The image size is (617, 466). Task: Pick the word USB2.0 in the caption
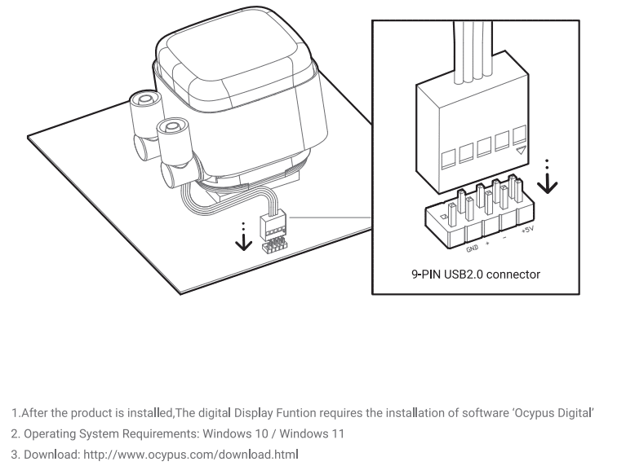(x=465, y=275)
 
